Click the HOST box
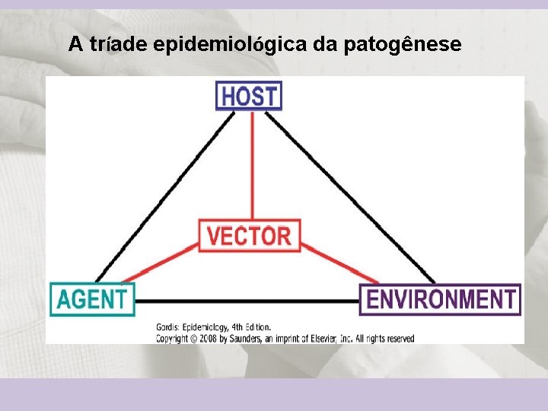[x=249, y=96]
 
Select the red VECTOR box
[x=249, y=235]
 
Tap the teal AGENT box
[x=92, y=299]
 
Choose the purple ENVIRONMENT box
[x=440, y=299]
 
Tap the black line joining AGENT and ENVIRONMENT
[x=247, y=300]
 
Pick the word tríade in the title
[x=118, y=45]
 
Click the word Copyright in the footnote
[x=173, y=338]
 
